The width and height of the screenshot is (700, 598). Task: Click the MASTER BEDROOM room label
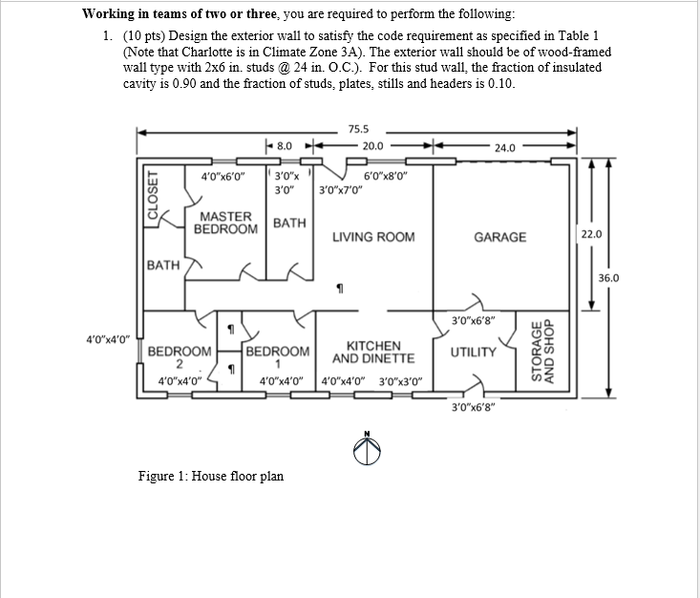225,224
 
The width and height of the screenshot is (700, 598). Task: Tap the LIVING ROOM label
372,236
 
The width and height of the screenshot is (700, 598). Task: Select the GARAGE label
499,236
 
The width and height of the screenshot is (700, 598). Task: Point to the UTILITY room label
474,352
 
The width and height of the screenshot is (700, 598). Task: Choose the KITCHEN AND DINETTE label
372,352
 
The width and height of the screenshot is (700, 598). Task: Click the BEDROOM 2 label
180,357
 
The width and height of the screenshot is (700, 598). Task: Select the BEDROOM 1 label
278,357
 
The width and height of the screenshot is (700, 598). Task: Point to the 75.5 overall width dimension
359,128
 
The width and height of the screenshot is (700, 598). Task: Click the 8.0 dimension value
285,146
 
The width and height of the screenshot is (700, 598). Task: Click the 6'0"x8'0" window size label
386,175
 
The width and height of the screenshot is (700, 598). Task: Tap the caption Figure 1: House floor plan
211,476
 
